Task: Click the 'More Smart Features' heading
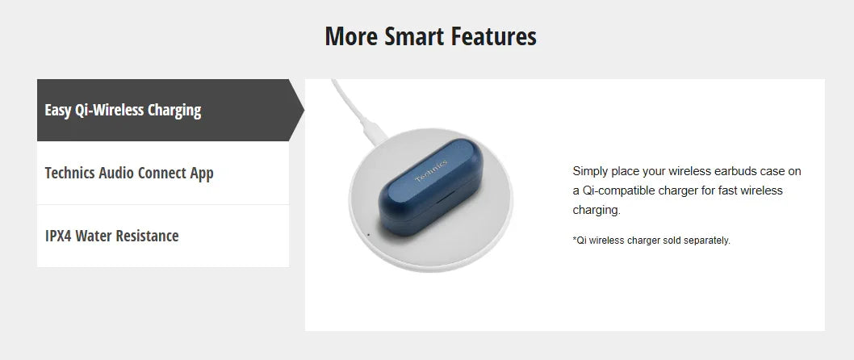click(430, 36)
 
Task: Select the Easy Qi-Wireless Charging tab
click(163, 110)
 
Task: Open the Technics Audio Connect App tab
click(163, 174)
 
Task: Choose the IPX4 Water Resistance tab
click(163, 236)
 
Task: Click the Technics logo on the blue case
click(431, 170)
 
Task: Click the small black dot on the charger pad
click(369, 235)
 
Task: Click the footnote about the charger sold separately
click(651, 241)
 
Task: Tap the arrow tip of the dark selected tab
click(304, 110)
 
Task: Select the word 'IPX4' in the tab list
click(58, 236)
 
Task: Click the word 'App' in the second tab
click(202, 174)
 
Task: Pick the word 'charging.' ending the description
click(597, 210)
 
